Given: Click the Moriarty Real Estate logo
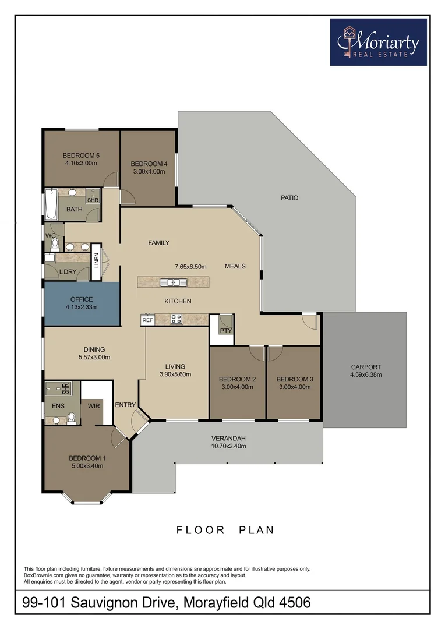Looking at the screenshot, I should click(x=378, y=41).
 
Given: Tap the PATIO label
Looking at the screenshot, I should click(x=289, y=198).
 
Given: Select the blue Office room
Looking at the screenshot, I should click(x=82, y=303).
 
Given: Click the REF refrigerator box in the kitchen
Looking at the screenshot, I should click(x=147, y=320).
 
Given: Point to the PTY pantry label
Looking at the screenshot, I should click(x=225, y=331).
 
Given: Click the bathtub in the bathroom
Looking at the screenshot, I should click(x=51, y=204).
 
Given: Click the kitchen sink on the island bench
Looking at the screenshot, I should click(x=174, y=282).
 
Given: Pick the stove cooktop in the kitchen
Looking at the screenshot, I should click(x=176, y=319).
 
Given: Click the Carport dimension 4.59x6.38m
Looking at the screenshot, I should click(x=366, y=375).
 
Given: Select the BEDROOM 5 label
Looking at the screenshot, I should click(x=82, y=156).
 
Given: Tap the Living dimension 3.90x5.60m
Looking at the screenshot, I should click(x=175, y=374).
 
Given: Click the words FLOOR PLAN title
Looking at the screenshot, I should click(x=225, y=530).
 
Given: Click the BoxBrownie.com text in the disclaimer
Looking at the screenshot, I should click(x=46, y=575).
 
